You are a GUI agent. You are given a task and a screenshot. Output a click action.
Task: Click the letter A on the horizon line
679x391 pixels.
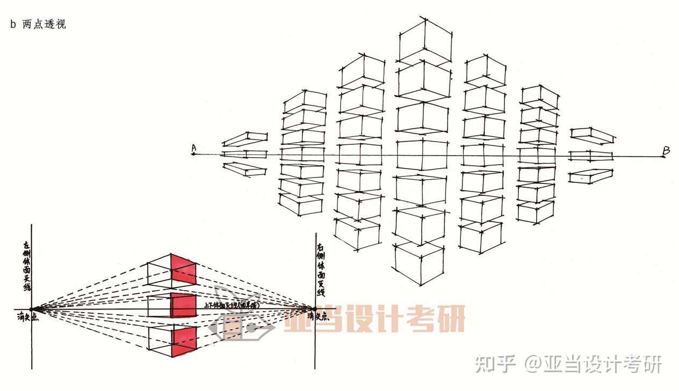(x=193, y=147)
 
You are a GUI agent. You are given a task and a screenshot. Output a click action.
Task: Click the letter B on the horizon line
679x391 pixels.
(x=666, y=151)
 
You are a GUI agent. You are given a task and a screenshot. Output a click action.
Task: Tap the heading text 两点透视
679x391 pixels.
(x=44, y=25)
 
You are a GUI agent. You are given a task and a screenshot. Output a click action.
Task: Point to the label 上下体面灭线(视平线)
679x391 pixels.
(x=231, y=305)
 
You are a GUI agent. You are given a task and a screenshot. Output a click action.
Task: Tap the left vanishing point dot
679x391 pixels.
(x=31, y=309)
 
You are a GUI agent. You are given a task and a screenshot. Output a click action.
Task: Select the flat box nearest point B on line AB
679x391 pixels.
(x=591, y=156)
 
